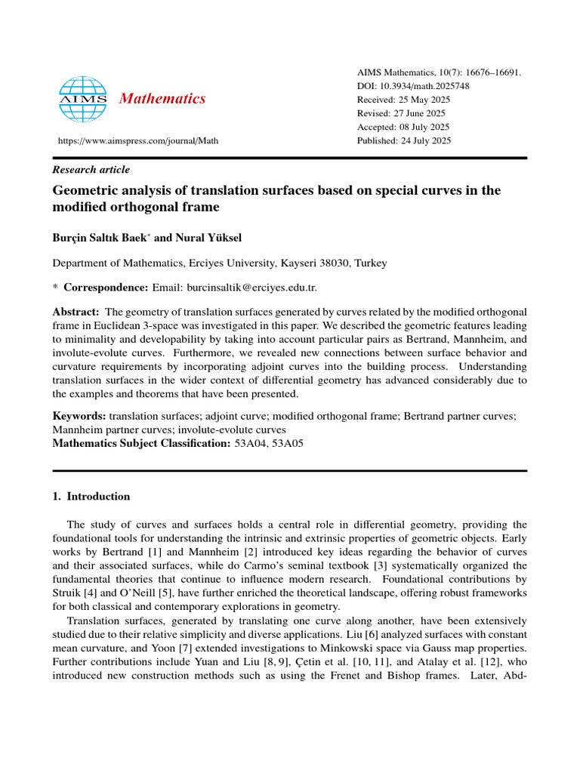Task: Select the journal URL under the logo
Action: pos(138,141)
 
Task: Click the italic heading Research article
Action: pos(91,170)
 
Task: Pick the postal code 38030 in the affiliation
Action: pos(339,263)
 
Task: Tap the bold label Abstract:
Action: pos(76,312)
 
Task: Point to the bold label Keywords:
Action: pos(79,416)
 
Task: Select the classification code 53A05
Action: pos(288,443)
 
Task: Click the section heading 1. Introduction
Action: pos(91,497)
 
